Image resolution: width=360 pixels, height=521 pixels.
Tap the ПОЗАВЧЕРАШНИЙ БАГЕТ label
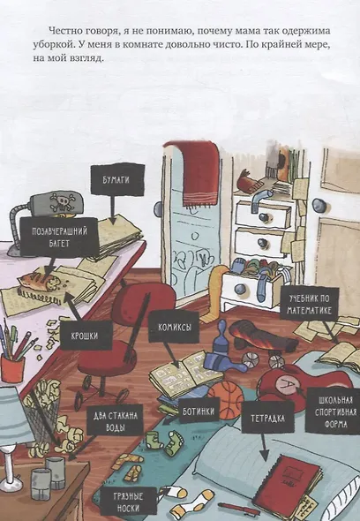pos(59,237)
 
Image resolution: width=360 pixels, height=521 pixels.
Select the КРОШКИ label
pos(86,336)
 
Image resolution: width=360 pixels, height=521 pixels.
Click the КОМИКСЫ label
pos(174,327)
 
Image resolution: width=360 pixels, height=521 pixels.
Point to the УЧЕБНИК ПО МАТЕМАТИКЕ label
pos(309,304)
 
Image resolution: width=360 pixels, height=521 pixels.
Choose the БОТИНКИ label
pos(199,412)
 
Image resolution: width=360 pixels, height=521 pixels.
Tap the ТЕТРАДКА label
pos(267,418)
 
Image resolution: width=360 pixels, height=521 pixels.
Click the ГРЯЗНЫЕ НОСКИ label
pos(128,502)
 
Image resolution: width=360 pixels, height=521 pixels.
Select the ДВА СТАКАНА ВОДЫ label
pos(115,420)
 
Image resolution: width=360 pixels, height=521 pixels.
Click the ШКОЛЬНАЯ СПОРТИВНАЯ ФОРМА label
pos(334,412)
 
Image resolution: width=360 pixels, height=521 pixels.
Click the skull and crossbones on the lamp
pos(61,202)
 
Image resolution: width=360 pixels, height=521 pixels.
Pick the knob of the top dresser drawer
pos(265,216)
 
